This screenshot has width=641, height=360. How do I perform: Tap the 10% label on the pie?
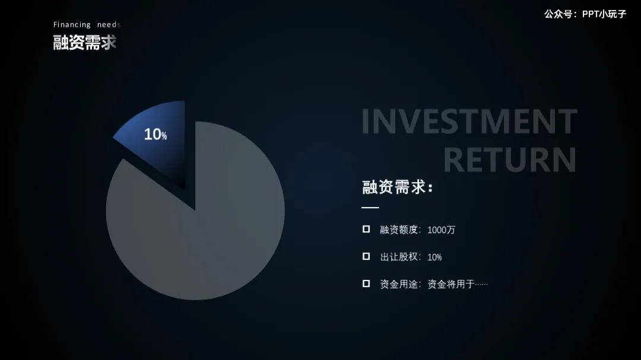pyautogui.click(x=155, y=135)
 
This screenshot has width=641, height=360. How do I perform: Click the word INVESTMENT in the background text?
pyautogui.click(x=469, y=122)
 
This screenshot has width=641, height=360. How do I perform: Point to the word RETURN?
pyautogui.click(x=510, y=160)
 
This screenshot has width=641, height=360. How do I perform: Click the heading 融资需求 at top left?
pyautogui.click(x=85, y=42)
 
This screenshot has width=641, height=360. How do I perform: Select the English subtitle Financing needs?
pyautogui.click(x=87, y=25)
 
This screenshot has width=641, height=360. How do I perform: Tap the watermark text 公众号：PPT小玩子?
pyautogui.click(x=585, y=14)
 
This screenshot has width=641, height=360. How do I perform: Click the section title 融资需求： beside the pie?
pyautogui.click(x=397, y=187)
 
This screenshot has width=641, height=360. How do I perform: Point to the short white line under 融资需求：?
pyautogui.click(x=370, y=208)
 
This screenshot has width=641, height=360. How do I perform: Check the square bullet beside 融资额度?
pyautogui.click(x=366, y=229)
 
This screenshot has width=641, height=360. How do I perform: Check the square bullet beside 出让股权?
pyautogui.click(x=366, y=256)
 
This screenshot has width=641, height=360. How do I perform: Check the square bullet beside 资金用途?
pyautogui.click(x=366, y=283)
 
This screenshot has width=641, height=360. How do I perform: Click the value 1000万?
pyautogui.click(x=441, y=230)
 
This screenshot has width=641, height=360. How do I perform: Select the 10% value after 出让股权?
pyautogui.click(x=434, y=257)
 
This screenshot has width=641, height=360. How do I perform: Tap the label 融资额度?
pyautogui.click(x=400, y=230)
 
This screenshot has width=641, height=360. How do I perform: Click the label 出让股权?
pyautogui.click(x=400, y=257)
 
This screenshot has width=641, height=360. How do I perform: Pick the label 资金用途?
pyautogui.click(x=400, y=284)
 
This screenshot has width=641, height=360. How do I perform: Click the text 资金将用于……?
pyautogui.click(x=458, y=284)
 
